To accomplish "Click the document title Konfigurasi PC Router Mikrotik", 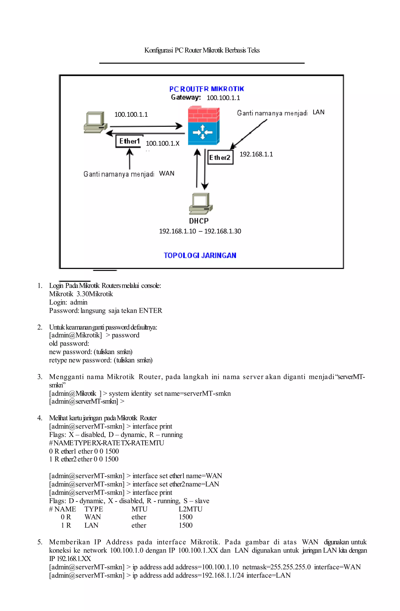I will (x=202, y=50).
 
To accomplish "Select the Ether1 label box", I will (x=129, y=141).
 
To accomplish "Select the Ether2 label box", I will (x=220, y=157).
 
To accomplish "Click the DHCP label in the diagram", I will (x=199, y=221).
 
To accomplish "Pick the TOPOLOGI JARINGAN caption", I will (x=200, y=256).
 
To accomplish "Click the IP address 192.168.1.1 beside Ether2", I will (x=256, y=154).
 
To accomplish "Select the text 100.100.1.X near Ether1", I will (x=163, y=143).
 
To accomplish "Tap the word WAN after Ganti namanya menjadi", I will (x=167, y=174).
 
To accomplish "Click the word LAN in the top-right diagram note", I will (x=319, y=112).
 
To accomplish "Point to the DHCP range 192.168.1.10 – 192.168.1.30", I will (x=200, y=231).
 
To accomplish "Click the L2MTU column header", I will (x=190, y=509).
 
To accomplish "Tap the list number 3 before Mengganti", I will (x=40, y=377).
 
